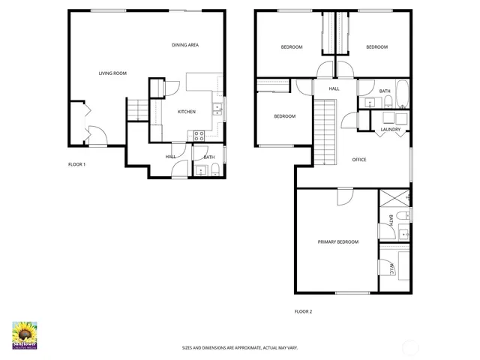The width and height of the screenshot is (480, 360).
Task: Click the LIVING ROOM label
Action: click(112, 73)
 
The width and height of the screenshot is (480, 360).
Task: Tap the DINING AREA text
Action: click(185, 45)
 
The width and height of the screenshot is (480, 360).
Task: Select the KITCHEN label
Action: click(186, 112)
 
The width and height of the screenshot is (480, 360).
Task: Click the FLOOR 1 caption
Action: click(77, 164)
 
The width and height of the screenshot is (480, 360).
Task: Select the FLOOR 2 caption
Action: click(302, 310)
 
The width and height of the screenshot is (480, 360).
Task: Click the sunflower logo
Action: click(25, 334)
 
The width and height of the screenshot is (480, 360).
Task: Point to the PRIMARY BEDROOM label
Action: click(337, 242)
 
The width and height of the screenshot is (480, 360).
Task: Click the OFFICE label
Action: click(359, 160)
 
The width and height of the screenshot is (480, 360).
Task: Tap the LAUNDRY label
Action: click(390, 130)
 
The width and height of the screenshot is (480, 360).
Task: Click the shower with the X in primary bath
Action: click(394, 199)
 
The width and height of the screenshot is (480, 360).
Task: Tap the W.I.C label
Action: click(391, 268)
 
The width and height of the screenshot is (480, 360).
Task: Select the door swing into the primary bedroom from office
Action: click(343, 196)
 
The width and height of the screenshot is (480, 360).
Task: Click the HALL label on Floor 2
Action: click(334, 88)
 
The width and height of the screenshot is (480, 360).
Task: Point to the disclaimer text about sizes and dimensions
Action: click(240, 347)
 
